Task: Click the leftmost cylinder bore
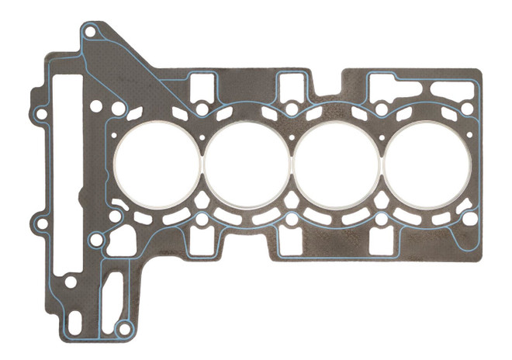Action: click(x=158, y=164)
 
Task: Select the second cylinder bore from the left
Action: click(x=247, y=164)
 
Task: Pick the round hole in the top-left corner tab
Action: click(x=91, y=33)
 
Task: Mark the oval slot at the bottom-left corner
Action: click(x=74, y=320)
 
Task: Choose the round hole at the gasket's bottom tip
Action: click(x=123, y=329)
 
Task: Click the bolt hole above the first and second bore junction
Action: click(x=202, y=110)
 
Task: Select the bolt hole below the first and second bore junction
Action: click(x=202, y=220)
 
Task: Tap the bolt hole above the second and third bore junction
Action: click(x=292, y=110)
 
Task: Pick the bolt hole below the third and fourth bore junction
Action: click(x=381, y=220)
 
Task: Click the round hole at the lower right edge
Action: click(x=469, y=219)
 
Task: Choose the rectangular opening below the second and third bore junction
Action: click(x=292, y=242)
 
